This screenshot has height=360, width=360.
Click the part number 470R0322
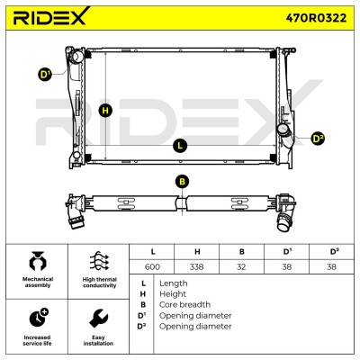click(316, 18)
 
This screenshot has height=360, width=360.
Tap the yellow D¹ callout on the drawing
click(45, 75)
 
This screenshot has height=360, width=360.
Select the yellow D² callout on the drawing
click(318, 139)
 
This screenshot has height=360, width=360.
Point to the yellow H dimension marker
click(105, 111)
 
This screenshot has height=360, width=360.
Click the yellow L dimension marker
click(180, 146)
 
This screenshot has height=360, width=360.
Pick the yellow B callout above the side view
click(183, 182)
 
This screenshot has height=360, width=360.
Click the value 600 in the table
click(152, 266)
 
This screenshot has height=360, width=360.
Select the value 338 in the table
click(197, 266)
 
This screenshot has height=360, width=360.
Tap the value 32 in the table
click(241, 266)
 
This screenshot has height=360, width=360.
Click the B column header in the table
click(242, 252)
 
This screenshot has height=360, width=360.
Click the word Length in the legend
click(174, 283)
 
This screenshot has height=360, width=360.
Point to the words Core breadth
click(184, 304)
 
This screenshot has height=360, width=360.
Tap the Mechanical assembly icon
click(38, 261)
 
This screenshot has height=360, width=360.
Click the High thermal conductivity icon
click(99, 261)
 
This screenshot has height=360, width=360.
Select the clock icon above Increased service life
click(39, 318)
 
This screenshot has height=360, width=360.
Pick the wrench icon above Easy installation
click(98, 319)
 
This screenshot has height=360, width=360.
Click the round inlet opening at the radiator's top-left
click(76, 57)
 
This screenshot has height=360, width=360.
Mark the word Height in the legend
click(173, 294)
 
